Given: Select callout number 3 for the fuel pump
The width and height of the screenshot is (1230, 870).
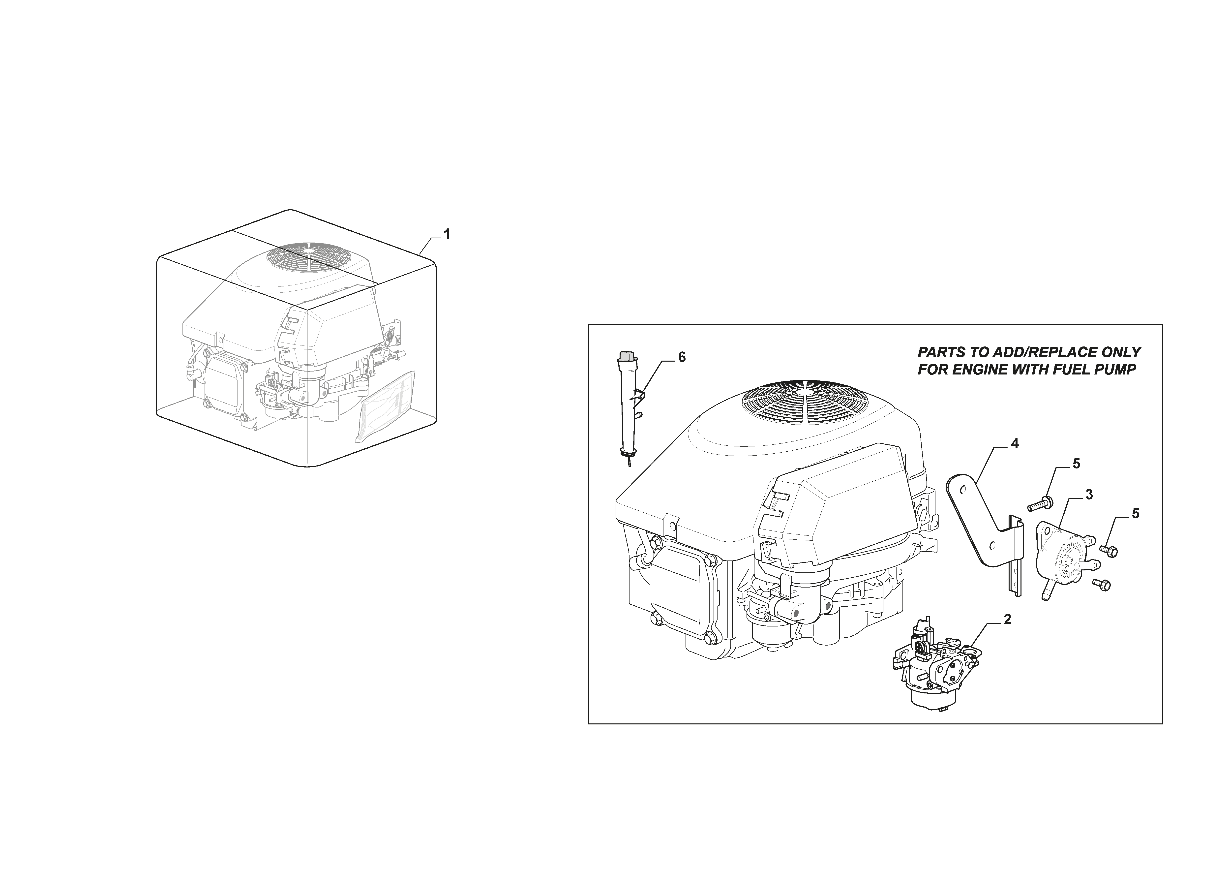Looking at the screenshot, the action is [1089, 495].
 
